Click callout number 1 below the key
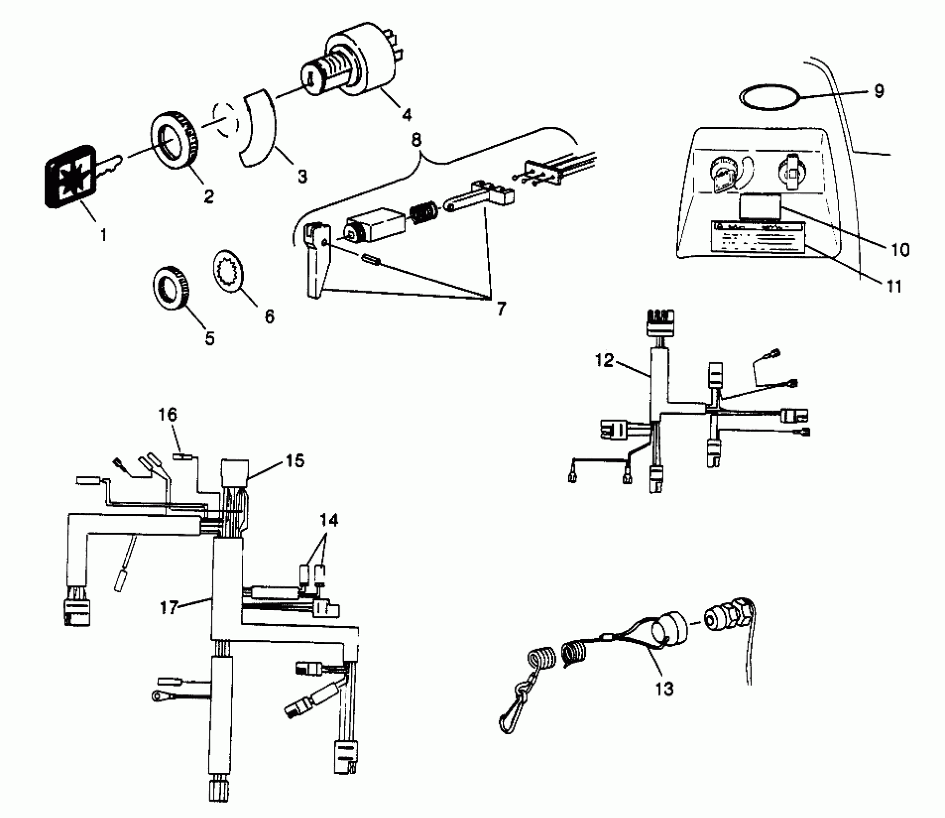tap(103, 235)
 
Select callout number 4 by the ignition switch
tap(407, 115)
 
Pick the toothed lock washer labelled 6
tap(228, 270)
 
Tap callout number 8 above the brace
tap(416, 140)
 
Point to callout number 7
tap(501, 308)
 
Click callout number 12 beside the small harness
tap(605, 360)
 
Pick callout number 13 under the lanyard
tap(664, 689)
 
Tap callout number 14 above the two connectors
tap(329, 520)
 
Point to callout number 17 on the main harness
tap(169, 608)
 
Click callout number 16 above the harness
tap(168, 414)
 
